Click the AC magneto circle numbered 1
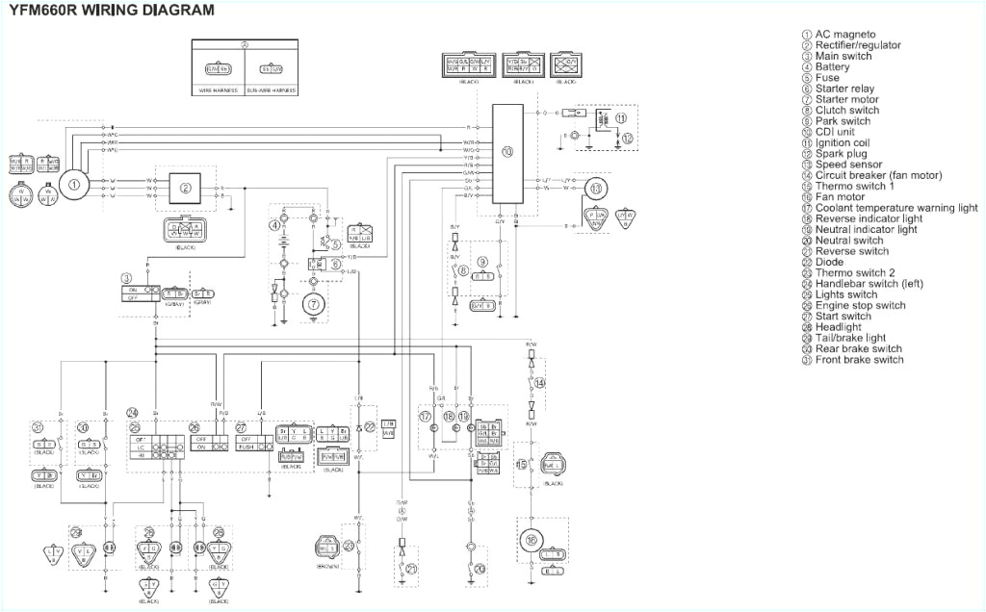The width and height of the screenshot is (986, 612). pos(74,182)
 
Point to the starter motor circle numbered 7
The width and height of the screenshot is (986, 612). pos(311,304)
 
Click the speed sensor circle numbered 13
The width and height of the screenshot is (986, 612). pos(597,190)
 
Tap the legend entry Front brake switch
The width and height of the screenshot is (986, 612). pos(859,360)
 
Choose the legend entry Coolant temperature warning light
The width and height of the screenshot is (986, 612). pos(895,208)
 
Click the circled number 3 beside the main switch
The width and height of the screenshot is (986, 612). pos(126,278)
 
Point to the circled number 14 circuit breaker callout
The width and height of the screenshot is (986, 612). pos(539,383)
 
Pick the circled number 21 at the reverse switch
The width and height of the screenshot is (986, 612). pos(411,569)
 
